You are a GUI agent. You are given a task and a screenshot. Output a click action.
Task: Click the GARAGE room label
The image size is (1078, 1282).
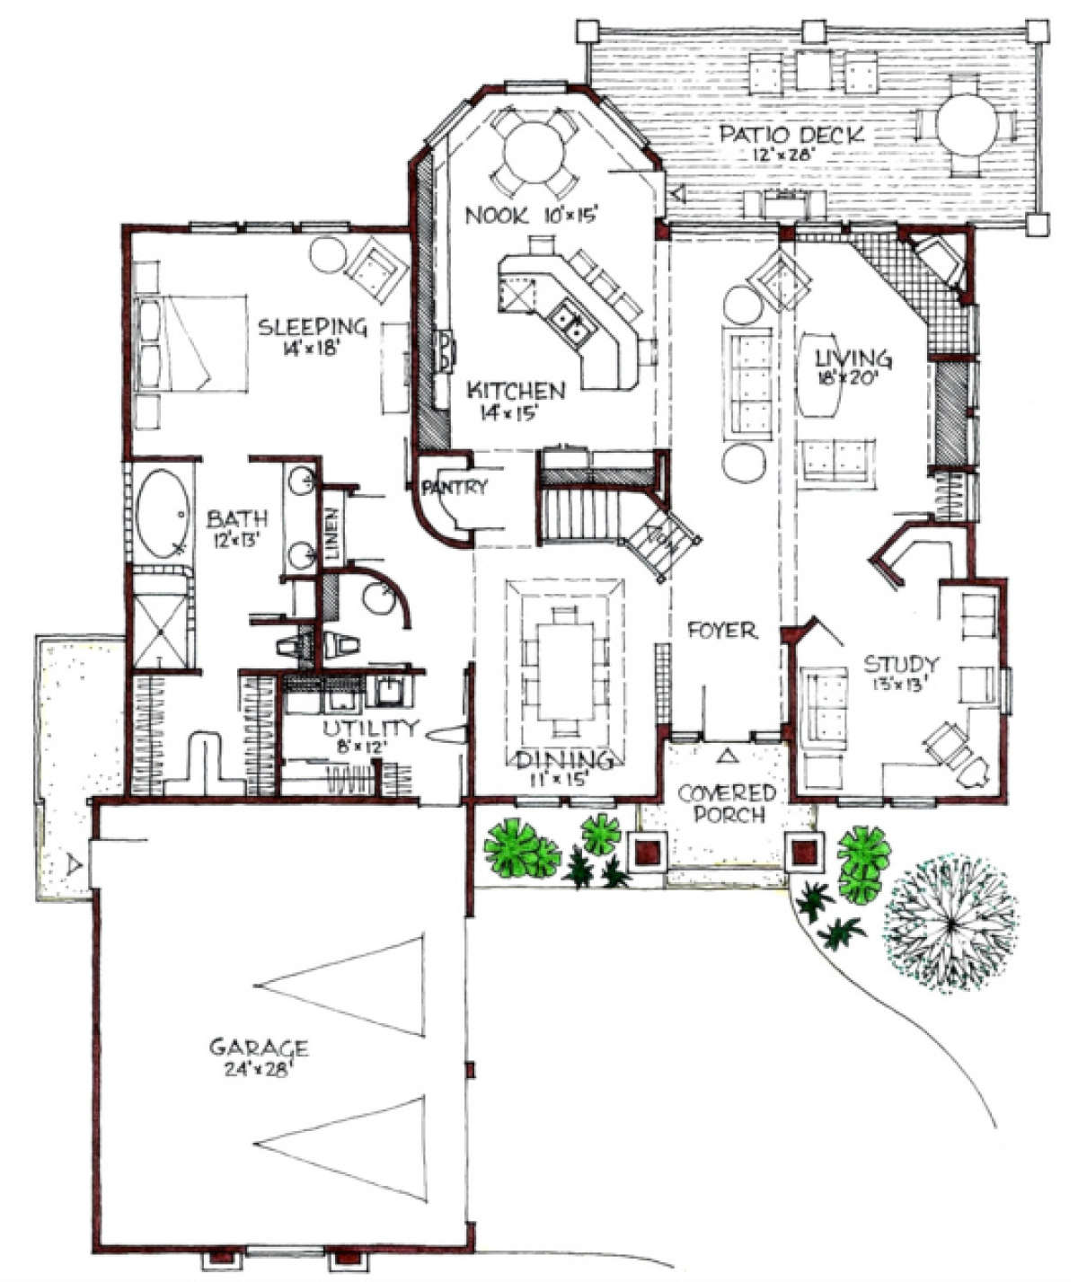coord(259,1048)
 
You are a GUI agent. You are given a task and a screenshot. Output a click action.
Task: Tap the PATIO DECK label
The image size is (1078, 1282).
coord(791,135)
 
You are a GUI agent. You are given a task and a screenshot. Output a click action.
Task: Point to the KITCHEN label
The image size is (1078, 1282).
coord(517,391)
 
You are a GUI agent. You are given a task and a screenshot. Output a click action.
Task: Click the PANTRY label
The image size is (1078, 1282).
coord(454,488)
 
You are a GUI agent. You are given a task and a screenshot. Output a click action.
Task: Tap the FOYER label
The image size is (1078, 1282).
coord(722,631)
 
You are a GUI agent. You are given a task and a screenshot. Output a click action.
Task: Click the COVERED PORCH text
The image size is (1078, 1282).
coord(727,804)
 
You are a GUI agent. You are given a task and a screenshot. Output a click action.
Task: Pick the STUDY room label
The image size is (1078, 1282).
coord(901,665)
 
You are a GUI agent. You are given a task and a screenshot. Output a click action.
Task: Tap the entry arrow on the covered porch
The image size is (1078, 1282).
coord(729,756)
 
